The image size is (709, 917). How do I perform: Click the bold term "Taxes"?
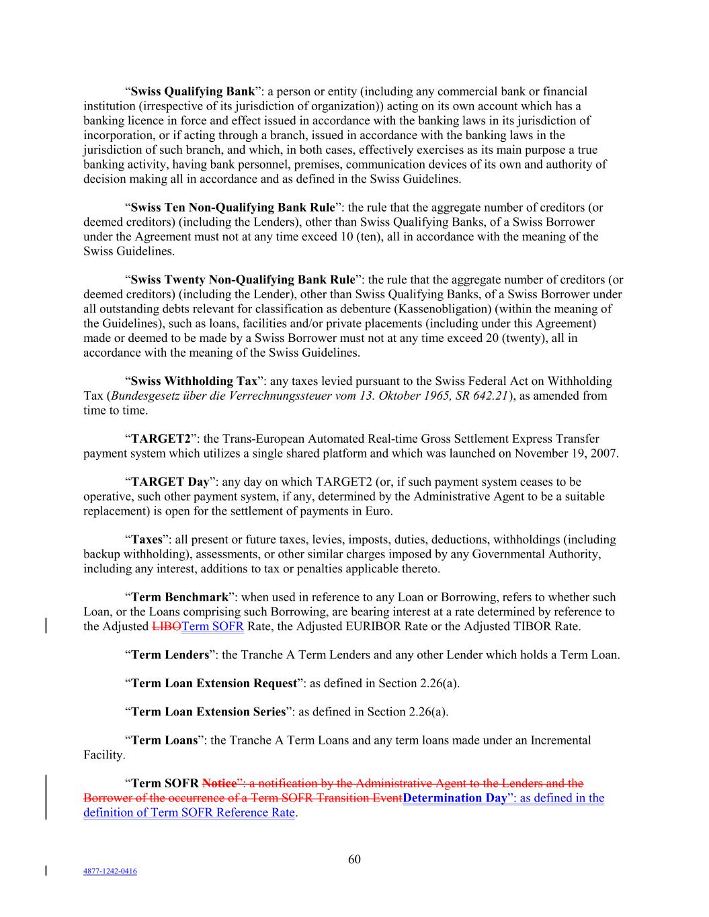147,539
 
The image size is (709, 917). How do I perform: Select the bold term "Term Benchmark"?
179,597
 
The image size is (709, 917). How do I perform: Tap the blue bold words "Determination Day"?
454,798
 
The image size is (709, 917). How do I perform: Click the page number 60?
354,860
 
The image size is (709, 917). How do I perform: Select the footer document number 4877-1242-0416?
110,871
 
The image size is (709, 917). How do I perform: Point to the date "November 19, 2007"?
566,453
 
